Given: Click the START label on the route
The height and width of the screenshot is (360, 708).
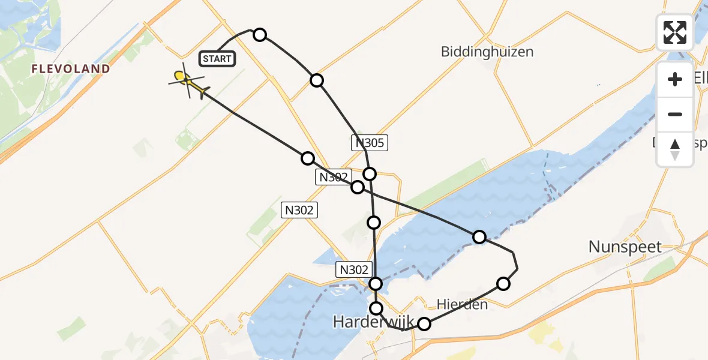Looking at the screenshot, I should click(217, 58).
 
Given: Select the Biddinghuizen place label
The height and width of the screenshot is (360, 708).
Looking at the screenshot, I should click(487, 52).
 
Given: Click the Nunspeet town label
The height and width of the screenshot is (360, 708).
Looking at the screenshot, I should click(625, 247).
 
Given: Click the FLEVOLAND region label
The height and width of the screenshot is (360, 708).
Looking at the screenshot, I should click(71, 69).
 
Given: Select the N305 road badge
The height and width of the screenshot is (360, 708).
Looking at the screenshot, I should click(370, 143).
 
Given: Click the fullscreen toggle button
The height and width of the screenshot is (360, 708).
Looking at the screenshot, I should click(675, 32).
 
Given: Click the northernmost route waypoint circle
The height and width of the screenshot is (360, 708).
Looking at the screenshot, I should click(260, 34).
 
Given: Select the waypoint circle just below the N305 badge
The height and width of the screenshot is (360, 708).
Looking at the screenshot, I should click(370, 174).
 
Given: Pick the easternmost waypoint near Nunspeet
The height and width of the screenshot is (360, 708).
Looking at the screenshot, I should click(503, 283).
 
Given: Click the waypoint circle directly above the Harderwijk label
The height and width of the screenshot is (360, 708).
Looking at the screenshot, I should click(376, 308).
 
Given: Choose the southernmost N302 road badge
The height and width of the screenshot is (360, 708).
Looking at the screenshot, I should click(353, 269).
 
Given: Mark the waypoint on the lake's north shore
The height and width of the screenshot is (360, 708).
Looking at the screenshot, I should click(479, 237).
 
